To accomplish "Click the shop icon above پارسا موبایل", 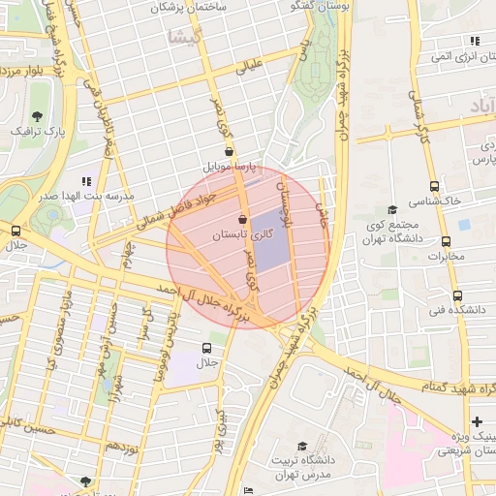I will click(x=229, y=151).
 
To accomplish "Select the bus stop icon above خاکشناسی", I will click(x=433, y=186).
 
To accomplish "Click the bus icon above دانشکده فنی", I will click(x=457, y=295).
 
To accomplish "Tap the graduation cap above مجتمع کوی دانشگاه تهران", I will click(x=392, y=209).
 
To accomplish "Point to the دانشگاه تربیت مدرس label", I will click(x=302, y=468).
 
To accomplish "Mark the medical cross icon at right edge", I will click(x=477, y=421).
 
